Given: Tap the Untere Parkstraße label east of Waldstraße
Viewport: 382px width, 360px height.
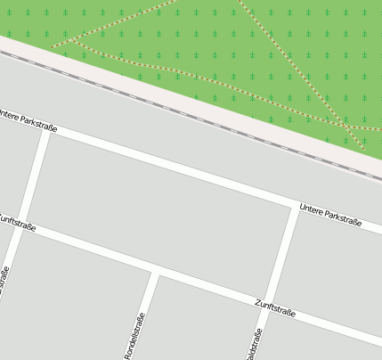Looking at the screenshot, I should [330, 215].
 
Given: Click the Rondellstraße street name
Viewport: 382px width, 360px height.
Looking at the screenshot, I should [134, 334].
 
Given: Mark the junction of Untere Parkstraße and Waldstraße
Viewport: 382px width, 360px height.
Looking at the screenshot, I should [295, 208].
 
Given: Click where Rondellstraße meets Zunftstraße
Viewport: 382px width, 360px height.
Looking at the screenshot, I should [157, 272].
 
